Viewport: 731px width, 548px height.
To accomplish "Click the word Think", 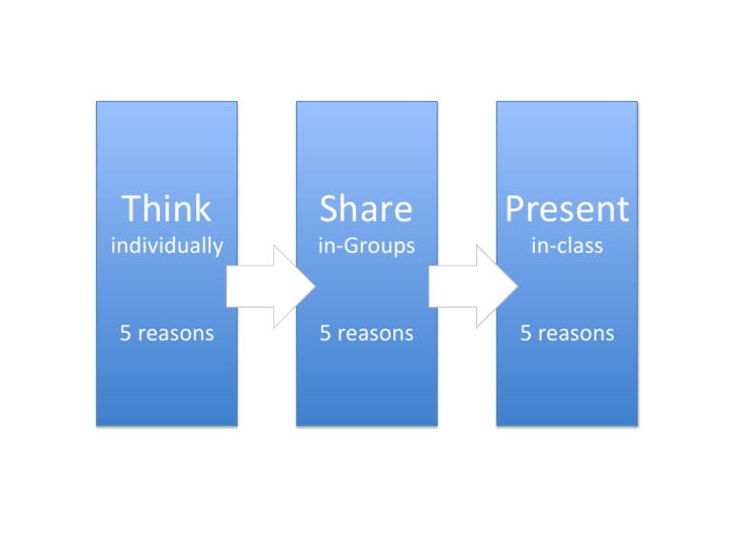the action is coord(167,208).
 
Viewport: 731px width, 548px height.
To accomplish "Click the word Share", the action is coord(366,208).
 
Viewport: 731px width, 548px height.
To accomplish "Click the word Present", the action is coord(566,209).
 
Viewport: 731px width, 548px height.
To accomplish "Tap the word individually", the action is coord(167,246).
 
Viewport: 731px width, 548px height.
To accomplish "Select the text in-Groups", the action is coord(366,246).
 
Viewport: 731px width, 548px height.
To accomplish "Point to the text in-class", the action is coord(566,245).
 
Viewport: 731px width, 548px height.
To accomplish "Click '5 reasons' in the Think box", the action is coord(167,333).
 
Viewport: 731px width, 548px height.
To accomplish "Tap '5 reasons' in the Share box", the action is coord(366,333).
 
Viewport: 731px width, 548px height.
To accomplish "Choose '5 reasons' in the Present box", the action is coord(566,333).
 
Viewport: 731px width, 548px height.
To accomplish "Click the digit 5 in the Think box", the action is coord(125,333).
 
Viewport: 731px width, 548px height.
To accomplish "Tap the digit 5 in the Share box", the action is coord(325,333).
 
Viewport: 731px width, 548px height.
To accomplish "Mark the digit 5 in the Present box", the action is coord(524,333).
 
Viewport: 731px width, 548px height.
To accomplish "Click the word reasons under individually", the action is coord(176,333).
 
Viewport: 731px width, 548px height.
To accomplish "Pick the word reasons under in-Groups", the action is coord(376,333).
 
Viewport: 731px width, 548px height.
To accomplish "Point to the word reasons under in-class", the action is coord(576,333).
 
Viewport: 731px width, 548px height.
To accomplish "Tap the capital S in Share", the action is coord(330,208).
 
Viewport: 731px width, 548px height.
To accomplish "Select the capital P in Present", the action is coord(515,208).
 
